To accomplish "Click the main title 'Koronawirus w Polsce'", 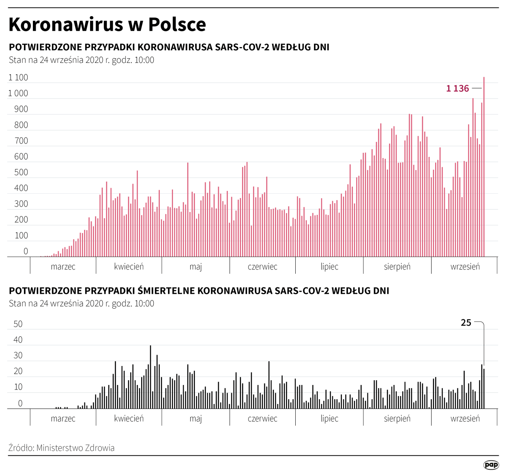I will (107, 24).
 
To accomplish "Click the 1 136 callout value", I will (458, 88).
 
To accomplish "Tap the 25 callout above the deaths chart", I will (466, 323).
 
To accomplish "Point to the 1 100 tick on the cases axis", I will (18, 77).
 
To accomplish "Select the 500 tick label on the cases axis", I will (21, 172).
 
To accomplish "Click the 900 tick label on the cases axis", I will (21, 109).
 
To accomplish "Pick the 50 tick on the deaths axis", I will (18, 324).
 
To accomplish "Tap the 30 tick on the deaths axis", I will (18, 355).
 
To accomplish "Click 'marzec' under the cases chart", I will (63, 267).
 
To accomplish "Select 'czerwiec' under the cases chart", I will (262, 267).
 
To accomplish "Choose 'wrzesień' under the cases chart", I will (465, 267).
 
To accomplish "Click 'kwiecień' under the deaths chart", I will (129, 419).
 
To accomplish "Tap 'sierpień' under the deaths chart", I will (397, 419).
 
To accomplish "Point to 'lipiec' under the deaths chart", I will (329, 419).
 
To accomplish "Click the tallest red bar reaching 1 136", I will (484, 170).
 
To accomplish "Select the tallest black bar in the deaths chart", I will (150, 377).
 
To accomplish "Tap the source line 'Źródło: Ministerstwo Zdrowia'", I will (61, 448).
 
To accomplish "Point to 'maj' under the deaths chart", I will (195, 419).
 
